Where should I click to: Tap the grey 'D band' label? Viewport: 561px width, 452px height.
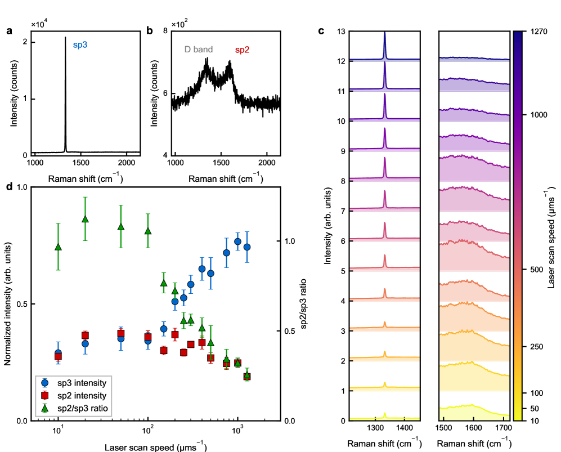click(x=198, y=50)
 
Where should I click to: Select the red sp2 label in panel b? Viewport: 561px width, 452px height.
click(x=243, y=50)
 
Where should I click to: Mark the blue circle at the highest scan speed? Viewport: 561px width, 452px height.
click(x=246, y=247)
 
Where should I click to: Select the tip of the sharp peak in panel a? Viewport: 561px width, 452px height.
click(x=65, y=37)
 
